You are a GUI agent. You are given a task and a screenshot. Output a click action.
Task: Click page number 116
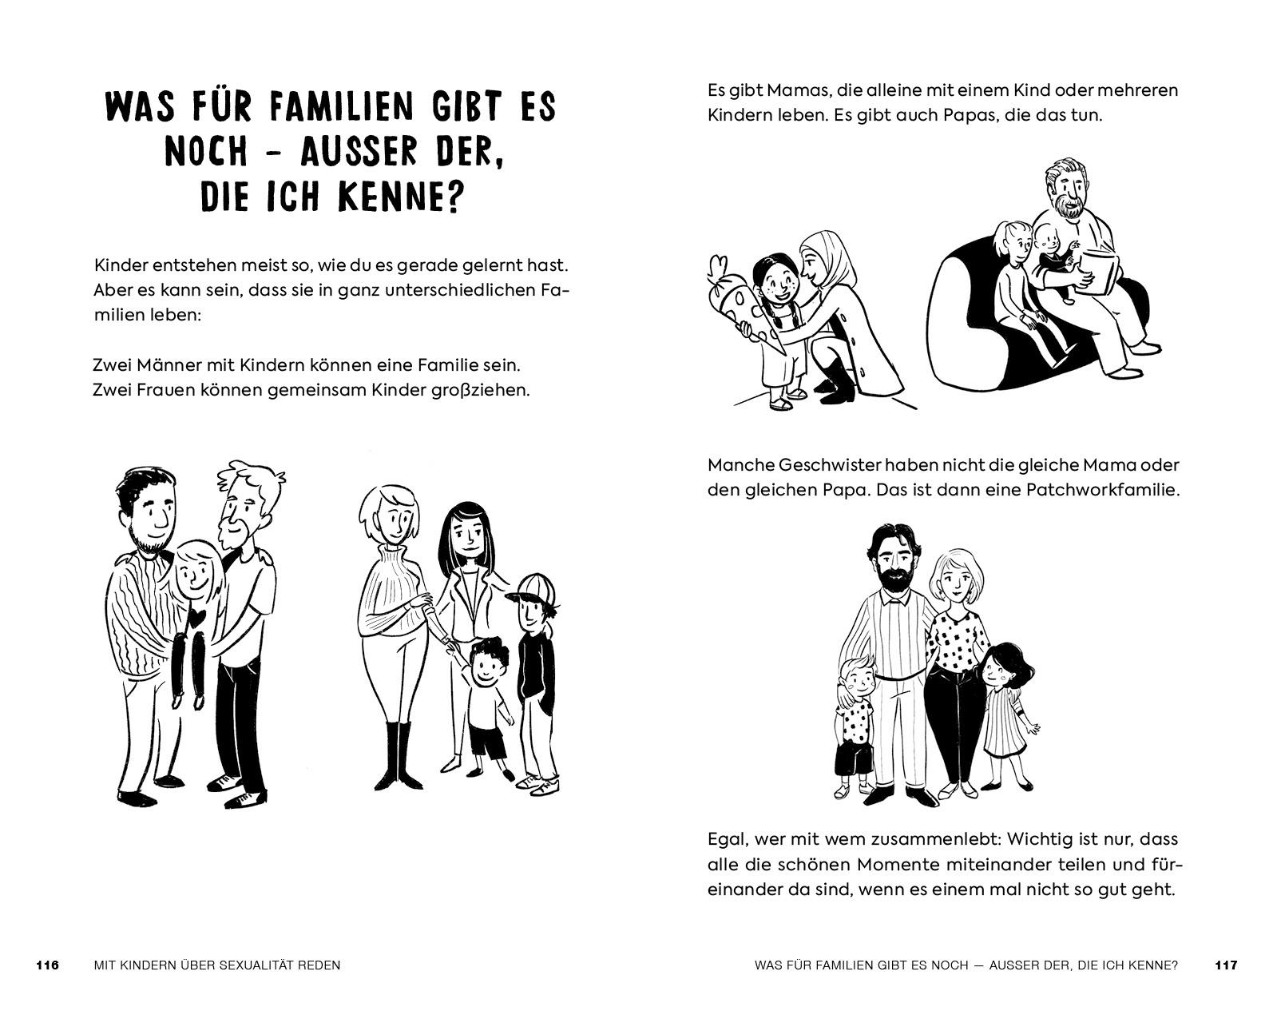pos(48,965)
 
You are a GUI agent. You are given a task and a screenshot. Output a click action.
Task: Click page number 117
pos(1226,965)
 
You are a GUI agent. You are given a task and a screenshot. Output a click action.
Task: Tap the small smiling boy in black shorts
pos(487,703)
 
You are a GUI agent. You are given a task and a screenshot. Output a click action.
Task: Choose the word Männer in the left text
pos(169,365)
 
